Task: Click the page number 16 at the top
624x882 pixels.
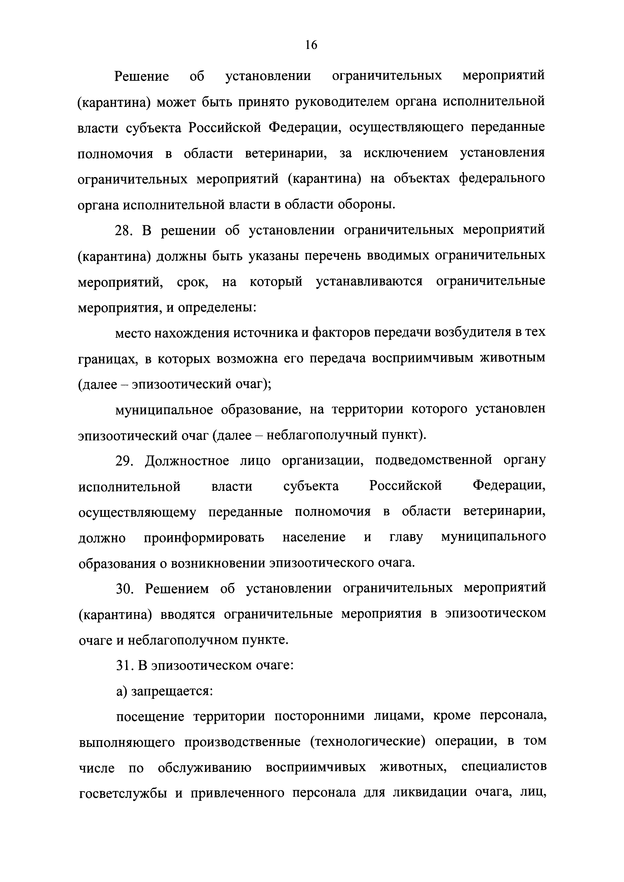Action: pos(311,45)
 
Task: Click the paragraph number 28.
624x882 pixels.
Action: pos(124,230)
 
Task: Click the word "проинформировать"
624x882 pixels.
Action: pos(204,538)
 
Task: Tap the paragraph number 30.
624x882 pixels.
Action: pos(124,589)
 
